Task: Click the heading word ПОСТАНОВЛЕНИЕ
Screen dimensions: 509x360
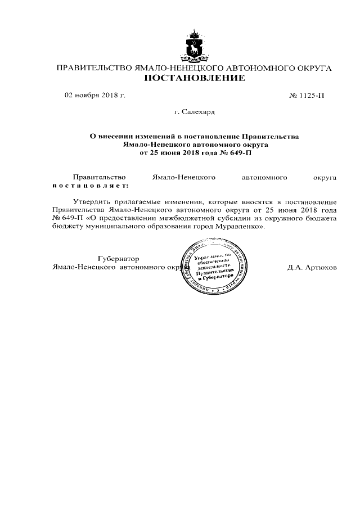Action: coord(195,78)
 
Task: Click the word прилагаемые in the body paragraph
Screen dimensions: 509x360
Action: coord(141,201)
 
